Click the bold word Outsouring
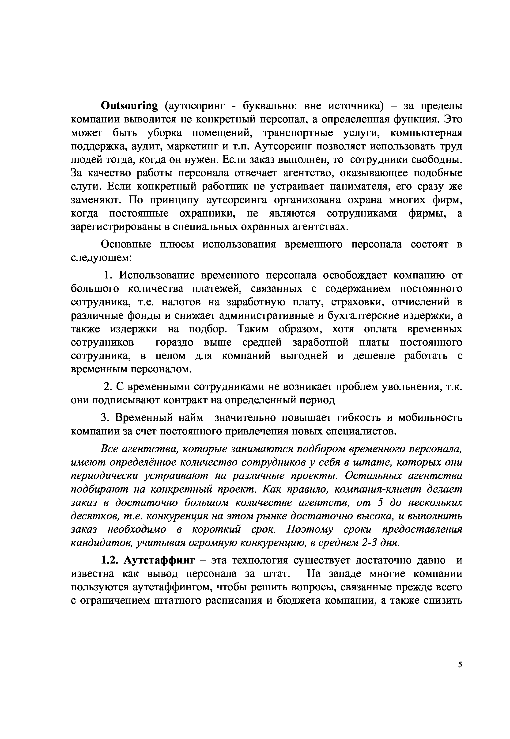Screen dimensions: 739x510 pyautogui.click(x=129, y=106)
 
